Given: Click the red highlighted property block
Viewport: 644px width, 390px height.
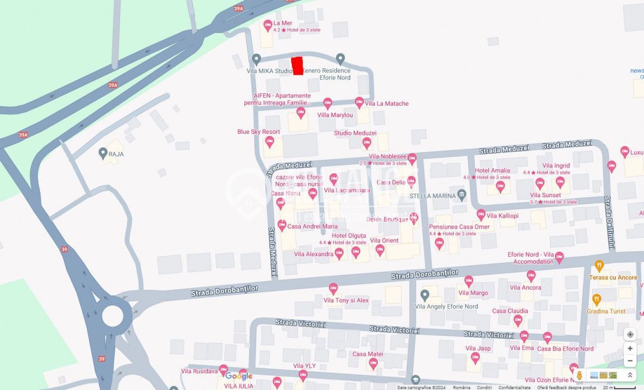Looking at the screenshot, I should (x=297, y=66).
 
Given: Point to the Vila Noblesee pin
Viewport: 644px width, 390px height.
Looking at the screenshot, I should (x=412, y=159).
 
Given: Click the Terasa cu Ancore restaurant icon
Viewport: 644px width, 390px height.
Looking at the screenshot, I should (x=599, y=266).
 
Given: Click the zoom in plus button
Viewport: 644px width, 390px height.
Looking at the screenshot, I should (x=630, y=348).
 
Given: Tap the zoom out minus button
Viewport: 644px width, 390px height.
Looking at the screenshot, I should (x=630, y=361).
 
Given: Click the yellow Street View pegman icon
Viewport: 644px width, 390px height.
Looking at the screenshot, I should (x=579, y=375).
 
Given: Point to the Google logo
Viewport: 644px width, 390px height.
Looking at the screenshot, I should (x=239, y=376).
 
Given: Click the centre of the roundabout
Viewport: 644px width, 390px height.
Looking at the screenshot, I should (x=113, y=315).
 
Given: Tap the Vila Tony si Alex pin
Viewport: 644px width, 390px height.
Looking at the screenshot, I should (x=333, y=289).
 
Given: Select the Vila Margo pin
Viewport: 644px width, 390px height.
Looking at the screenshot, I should (x=468, y=281).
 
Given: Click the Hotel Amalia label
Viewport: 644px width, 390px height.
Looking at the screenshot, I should (x=492, y=171).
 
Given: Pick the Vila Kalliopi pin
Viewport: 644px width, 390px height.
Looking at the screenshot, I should (x=481, y=215).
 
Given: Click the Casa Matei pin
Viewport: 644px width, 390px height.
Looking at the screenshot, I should (x=373, y=364).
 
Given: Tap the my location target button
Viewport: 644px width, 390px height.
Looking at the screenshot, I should (x=630, y=335).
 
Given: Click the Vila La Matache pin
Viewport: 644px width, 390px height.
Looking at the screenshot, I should (x=360, y=102).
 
